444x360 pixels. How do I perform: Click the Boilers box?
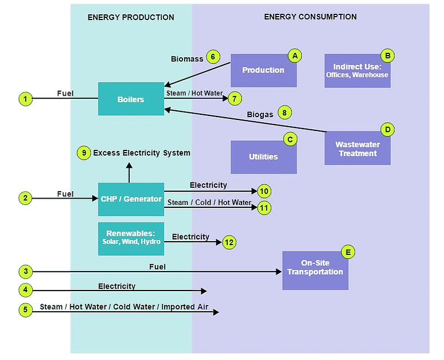tap(131, 99)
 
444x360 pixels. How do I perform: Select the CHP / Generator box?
tap(131, 199)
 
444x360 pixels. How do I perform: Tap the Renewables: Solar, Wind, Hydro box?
tap(131, 238)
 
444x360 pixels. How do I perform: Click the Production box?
tap(263, 70)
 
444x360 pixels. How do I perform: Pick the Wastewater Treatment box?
tap(357, 149)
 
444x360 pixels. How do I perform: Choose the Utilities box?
tap(263, 157)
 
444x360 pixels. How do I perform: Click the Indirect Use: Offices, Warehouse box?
tap(357, 71)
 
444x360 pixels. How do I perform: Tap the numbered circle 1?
tap(25, 99)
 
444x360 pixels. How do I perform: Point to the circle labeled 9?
tap(84, 153)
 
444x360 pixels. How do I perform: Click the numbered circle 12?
tap(229, 242)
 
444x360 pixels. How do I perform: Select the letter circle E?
tap(348, 251)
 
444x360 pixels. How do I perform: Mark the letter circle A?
tap(295, 56)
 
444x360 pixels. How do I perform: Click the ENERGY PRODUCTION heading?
tap(131, 17)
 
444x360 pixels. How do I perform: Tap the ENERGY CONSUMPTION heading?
tap(310, 17)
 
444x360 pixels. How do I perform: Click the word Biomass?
tap(187, 59)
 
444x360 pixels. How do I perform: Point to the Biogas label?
tap(260, 114)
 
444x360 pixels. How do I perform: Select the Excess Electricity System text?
tap(142, 153)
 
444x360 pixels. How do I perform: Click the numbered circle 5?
tap(25, 310)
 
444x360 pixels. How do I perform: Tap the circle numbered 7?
tap(235, 99)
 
